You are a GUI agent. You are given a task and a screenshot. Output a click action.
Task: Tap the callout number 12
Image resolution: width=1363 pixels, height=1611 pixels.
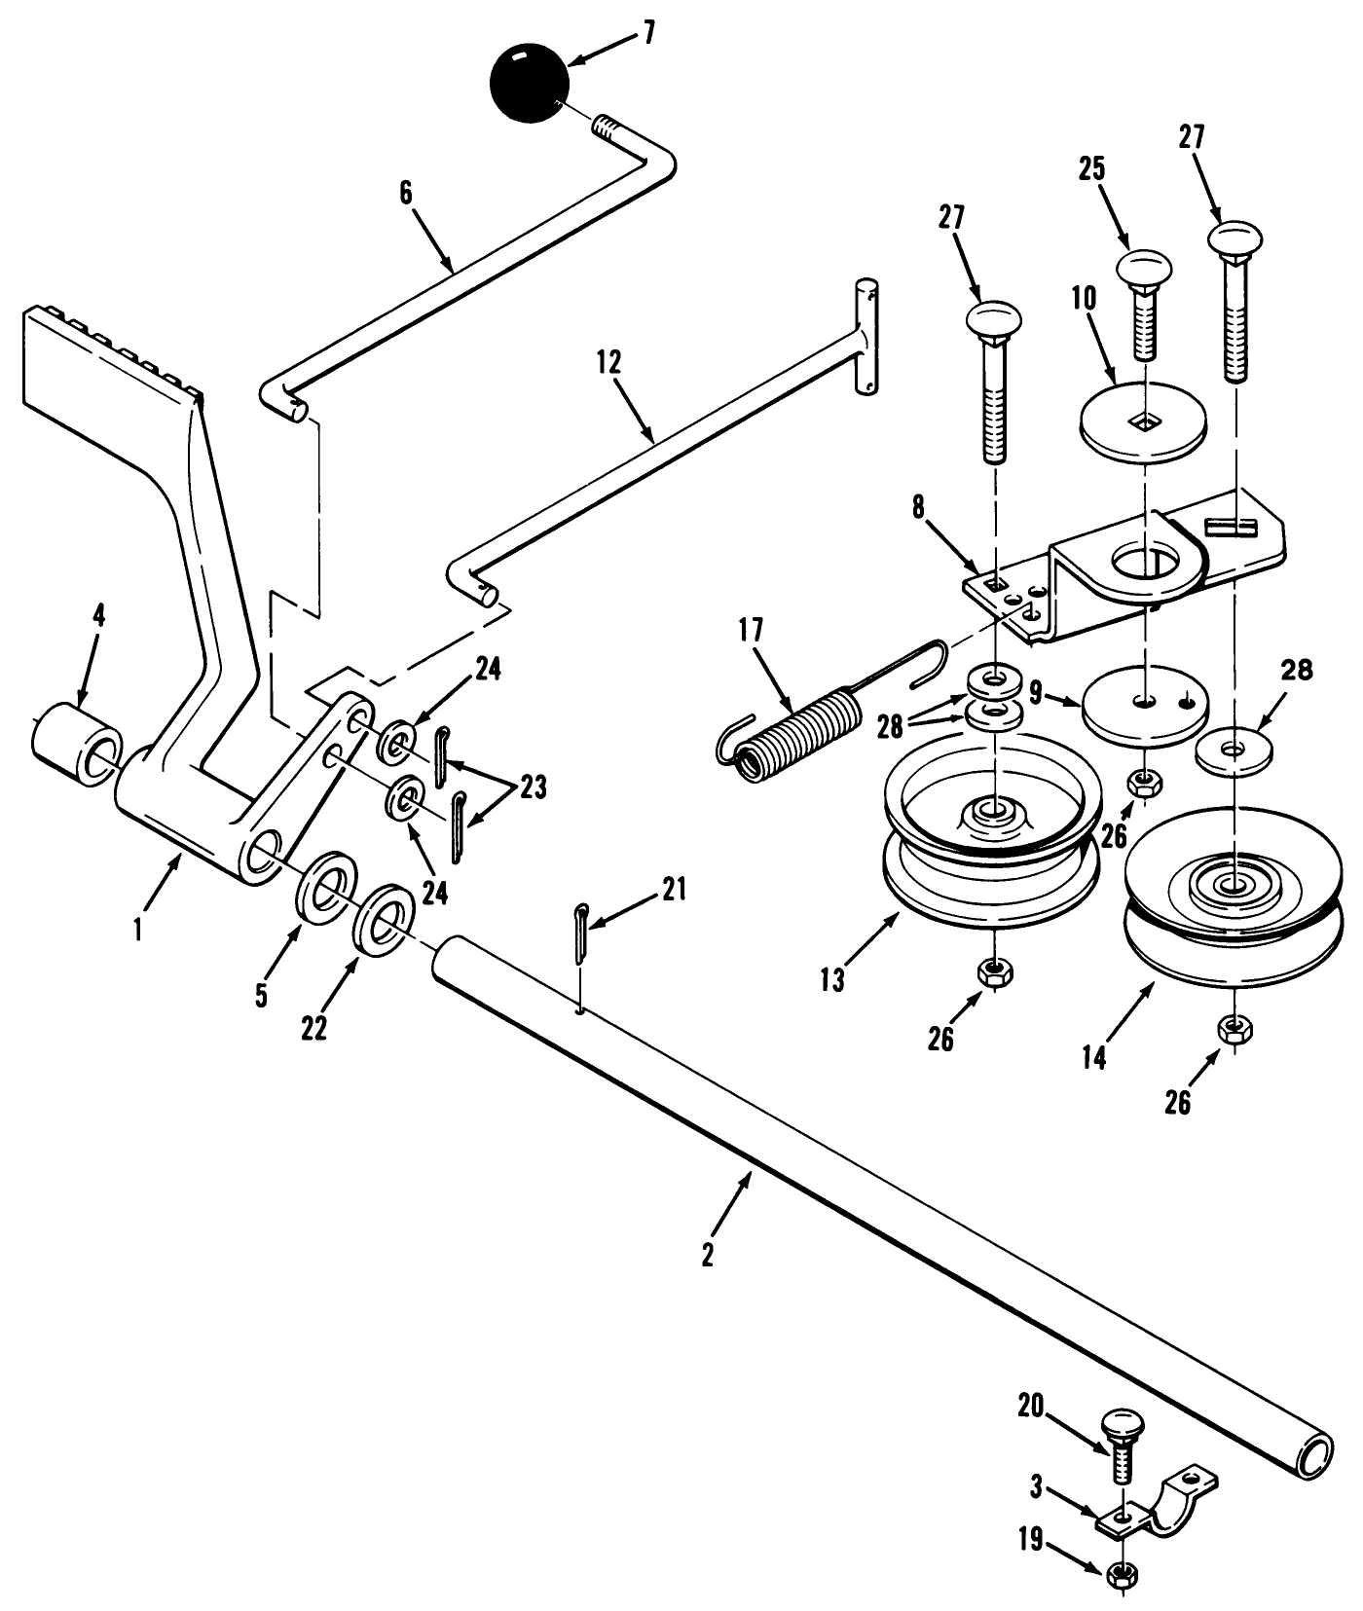click(x=609, y=364)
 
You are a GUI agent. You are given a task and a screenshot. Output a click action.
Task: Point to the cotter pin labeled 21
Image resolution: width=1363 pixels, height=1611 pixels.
click(x=582, y=934)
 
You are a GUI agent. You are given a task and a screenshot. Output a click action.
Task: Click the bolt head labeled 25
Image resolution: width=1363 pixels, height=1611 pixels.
click(x=1143, y=267)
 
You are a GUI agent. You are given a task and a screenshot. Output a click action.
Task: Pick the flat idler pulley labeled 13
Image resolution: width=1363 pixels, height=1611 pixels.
click(x=991, y=837)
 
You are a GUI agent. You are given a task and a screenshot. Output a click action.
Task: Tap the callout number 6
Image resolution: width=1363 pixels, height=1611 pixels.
click(x=406, y=193)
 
